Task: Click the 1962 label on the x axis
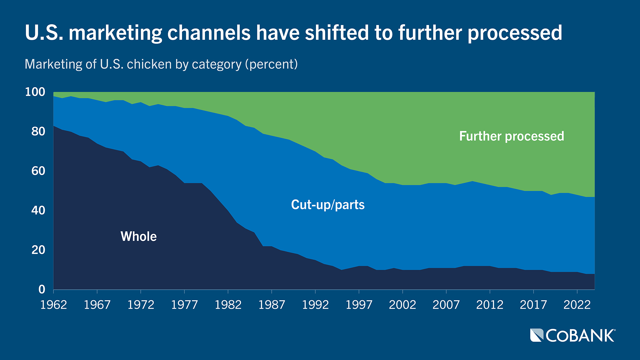tap(54, 305)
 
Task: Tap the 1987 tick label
tap(272, 305)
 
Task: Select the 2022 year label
tap(577, 305)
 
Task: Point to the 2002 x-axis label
tap(402, 305)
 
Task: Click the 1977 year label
tap(184, 305)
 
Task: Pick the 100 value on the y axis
tap(35, 92)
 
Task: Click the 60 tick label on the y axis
tap(38, 171)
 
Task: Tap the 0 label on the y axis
tap(42, 289)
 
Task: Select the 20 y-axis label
tap(38, 250)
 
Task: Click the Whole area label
tap(138, 236)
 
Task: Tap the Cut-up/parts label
tap(328, 204)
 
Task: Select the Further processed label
tap(511, 136)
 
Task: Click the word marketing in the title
tap(115, 33)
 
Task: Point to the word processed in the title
tap(515, 33)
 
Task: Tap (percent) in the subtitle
tap(271, 64)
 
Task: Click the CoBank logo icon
tap(537, 335)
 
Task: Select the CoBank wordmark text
tap(580, 336)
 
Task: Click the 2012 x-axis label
tap(490, 305)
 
